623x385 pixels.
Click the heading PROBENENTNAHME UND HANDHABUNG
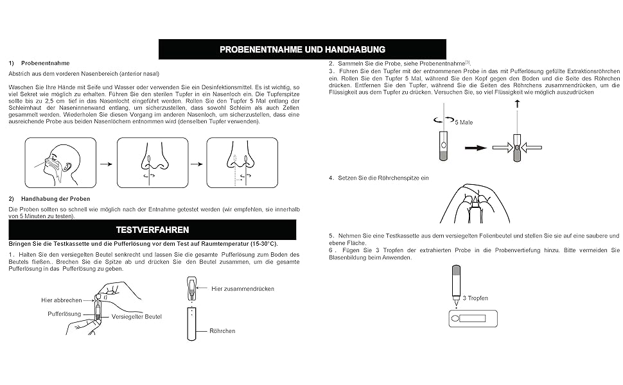(x=302, y=49)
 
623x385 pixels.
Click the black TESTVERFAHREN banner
(x=152, y=230)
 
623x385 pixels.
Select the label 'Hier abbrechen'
(x=61, y=300)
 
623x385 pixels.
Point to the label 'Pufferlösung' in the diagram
(x=64, y=314)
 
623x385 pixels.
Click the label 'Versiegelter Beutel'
(x=137, y=316)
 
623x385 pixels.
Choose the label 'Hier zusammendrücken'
(x=243, y=289)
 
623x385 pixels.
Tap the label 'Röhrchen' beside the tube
(x=222, y=331)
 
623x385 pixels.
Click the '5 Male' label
(x=463, y=122)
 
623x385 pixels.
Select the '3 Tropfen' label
(x=475, y=298)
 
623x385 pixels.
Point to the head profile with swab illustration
(x=60, y=163)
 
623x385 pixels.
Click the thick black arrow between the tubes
(x=475, y=148)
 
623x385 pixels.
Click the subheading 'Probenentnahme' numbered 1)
(x=45, y=63)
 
